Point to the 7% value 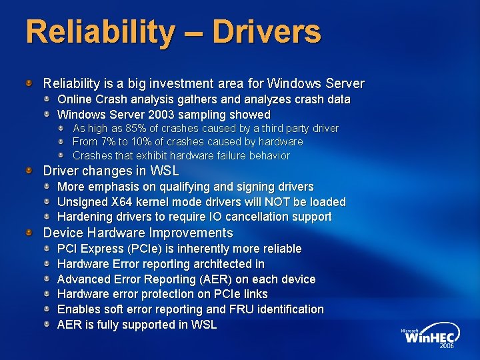(x=107, y=141)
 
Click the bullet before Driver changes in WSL (x=29, y=171)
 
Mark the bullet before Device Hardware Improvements (x=29, y=233)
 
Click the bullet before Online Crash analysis (x=47, y=99)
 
